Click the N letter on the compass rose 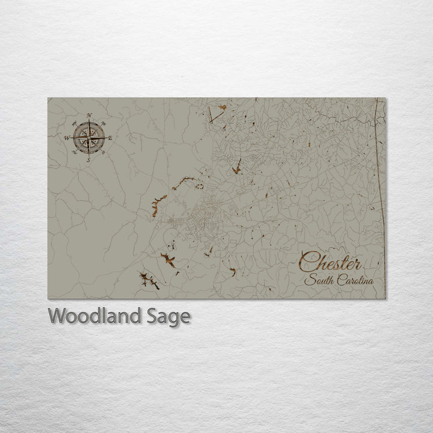[x=89, y=115]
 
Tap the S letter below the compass [x=88, y=160]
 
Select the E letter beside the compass [x=110, y=138]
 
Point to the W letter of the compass [x=66, y=138]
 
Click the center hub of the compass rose [x=88, y=138]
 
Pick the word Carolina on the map [x=355, y=280]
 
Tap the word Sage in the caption [x=170, y=317]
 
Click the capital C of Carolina [x=340, y=280]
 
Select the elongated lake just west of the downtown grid [x=159, y=203]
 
